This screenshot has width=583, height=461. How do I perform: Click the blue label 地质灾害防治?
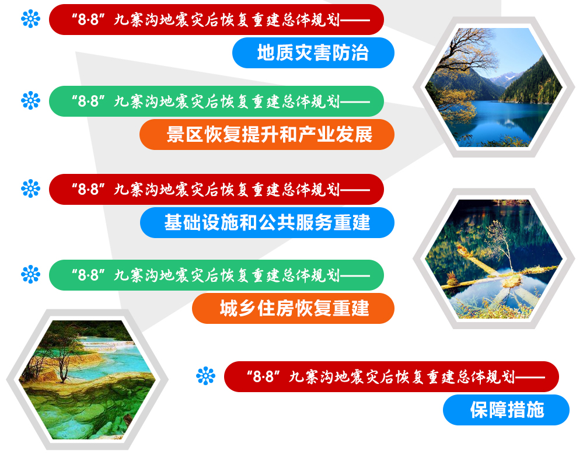coord(313,53)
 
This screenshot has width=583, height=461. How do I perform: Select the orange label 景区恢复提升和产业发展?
coord(267,135)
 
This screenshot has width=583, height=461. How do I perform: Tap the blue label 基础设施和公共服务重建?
coord(267,223)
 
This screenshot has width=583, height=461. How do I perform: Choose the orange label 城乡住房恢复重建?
coord(293,308)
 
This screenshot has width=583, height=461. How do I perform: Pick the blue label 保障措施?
coord(506,410)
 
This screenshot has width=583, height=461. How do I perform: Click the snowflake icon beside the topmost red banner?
coord(30,19)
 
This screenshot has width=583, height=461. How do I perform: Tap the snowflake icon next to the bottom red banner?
coord(205,376)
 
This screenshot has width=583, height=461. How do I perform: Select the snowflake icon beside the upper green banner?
coord(30,100)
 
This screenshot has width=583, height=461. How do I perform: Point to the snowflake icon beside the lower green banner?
coord(30,274)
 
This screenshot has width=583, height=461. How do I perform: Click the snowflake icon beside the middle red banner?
coord(30,188)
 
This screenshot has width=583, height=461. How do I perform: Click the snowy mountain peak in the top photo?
coord(504,79)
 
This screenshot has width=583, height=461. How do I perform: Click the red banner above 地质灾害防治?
coord(217,19)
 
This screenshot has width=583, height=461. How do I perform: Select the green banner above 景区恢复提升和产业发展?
coord(217,101)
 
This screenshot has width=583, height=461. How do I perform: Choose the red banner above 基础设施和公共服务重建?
coord(217,189)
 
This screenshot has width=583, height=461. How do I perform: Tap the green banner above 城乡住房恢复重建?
coord(217,275)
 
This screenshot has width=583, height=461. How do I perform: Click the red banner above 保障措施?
coord(392,376)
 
